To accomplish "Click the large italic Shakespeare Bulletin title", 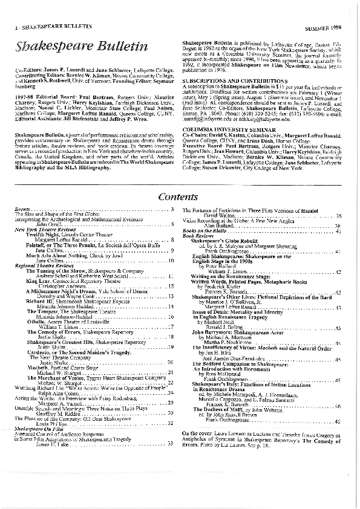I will click(83, 47).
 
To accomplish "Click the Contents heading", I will click(180, 196).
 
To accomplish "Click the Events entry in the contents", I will click(25, 209).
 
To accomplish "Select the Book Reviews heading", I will click(196, 236).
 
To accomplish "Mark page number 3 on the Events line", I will click(172, 209).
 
